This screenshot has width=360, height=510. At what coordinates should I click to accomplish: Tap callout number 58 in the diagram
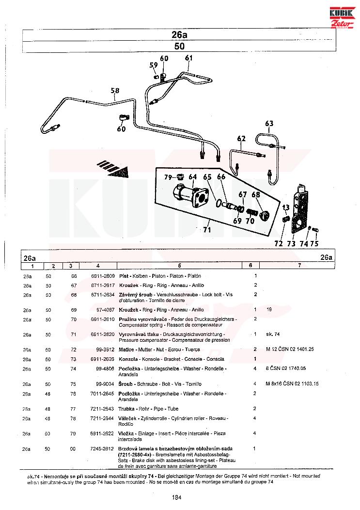point(115,90)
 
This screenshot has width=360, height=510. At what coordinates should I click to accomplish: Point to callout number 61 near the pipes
point(188,58)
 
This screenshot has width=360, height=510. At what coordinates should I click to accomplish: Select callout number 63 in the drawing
point(269,123)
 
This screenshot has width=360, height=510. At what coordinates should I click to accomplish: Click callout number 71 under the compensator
point(207,230)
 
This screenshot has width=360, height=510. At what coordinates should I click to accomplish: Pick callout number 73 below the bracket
point(291,243)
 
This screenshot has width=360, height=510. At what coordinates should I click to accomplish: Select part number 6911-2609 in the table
point(103,275)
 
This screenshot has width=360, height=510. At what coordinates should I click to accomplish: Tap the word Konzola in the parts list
point(128,359)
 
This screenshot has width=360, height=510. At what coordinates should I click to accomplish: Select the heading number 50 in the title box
point(179,47)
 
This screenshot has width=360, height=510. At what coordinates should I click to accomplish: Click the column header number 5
point(179,266)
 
